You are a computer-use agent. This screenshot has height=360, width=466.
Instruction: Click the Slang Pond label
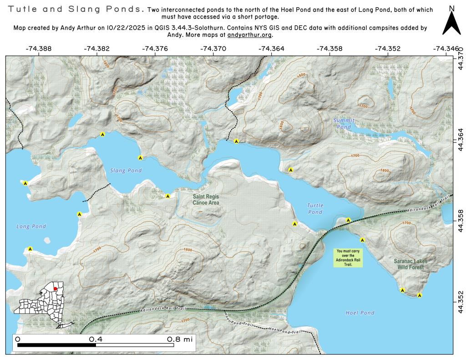pos(126,171)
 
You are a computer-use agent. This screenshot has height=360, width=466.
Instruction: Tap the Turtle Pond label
pos(315,209)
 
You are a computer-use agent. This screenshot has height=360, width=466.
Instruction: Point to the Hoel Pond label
pos(360,313)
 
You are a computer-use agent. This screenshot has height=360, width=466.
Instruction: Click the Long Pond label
pos(29,226)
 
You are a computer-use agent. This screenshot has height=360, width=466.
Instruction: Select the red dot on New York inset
pos(55,289)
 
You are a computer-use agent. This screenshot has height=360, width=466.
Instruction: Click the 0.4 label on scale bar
pos(96,340)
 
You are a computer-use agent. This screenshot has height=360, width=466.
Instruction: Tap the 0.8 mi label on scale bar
pos(180,340)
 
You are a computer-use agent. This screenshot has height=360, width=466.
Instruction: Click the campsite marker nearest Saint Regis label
pos(167,196)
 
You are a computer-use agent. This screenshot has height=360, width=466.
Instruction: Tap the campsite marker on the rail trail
pos(348,220)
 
